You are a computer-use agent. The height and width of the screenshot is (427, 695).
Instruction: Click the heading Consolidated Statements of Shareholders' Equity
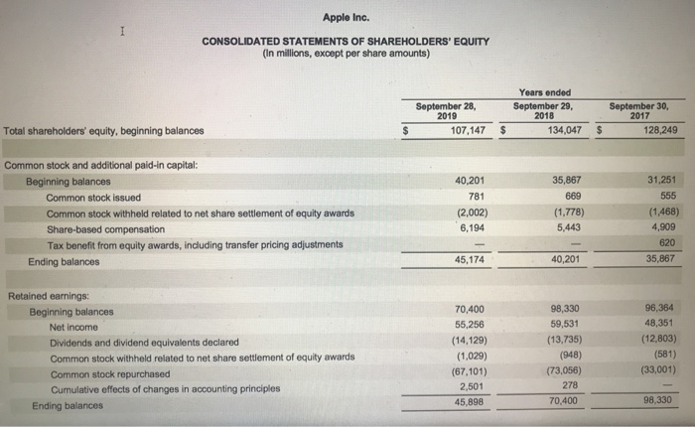click(346, 41)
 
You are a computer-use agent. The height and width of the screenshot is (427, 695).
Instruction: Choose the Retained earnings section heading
click(49, 296)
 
